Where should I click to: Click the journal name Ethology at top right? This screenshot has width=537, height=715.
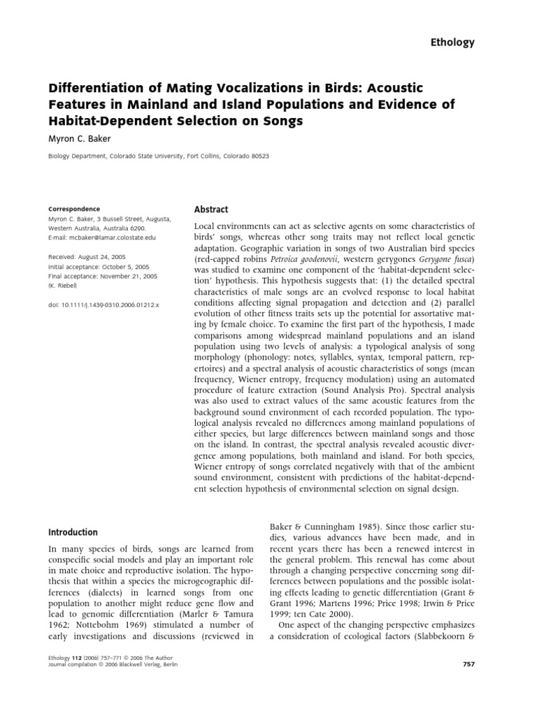[452, 42]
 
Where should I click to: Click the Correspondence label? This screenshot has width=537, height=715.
[73, 209]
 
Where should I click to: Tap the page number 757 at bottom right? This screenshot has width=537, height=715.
[468, 663]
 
